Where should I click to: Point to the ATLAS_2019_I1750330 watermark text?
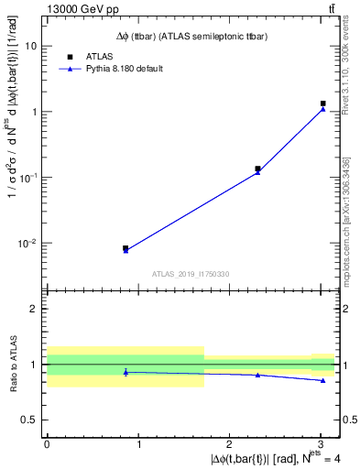(x=191, y=274)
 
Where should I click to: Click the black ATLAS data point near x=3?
(x=322, y=104)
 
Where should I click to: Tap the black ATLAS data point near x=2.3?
(x=257, y=169)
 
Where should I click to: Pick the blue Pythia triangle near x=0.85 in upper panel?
(x=125, y=250)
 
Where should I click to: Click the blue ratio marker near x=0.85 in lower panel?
(x=125, y=372)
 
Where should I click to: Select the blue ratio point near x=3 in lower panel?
(x=322, y=380)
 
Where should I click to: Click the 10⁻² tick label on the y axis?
(x=27, y=243)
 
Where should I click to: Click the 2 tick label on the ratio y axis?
(x=34, y=309)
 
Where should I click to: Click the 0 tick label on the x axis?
(x=47, y=443)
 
